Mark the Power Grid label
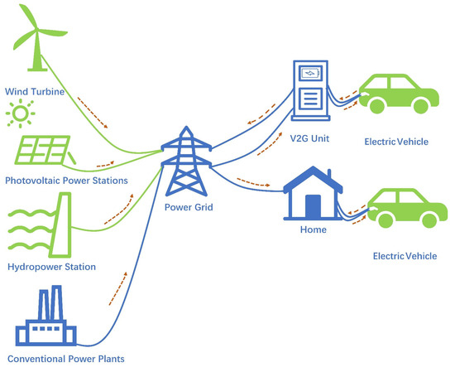pos(188,207)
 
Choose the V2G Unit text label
pos(309,138)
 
